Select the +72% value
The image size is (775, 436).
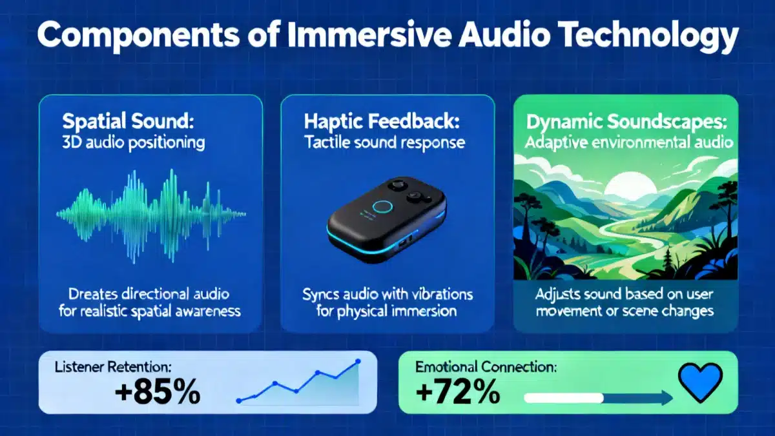[457, 390]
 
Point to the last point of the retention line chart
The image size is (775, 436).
[358, 362]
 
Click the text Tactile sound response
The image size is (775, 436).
[385, 143]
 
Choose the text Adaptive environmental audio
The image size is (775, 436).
[630, 142]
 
